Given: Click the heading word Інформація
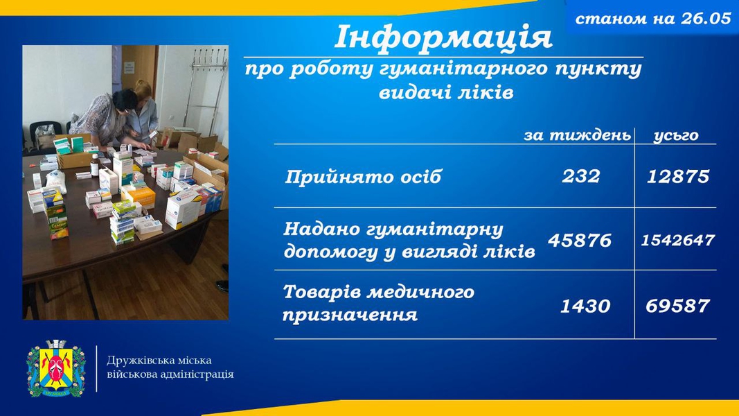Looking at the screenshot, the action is click(x=443, y=37).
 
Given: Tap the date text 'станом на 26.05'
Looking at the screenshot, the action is click(x=653, y=19).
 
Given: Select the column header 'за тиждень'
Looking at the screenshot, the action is click(x=578, y=135).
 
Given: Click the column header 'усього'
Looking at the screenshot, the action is click(x=676, y=136).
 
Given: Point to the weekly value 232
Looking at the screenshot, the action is click(x=581, y=176).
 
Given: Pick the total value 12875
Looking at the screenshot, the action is click(x=678, y=176).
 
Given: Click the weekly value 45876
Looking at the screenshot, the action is click(x=580, y=240).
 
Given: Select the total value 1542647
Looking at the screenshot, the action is click(x=678, y=240).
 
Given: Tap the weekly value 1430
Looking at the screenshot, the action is click(x=585, y=306).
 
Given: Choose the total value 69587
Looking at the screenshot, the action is click(x=678, y=306).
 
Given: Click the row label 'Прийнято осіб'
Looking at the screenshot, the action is click(x=363, y=177).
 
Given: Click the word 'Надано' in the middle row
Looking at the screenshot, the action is click(x=321, y=229).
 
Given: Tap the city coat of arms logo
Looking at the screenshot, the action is click(x=56, y=368).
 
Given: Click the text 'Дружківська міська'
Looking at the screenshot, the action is click(x=159, y=361).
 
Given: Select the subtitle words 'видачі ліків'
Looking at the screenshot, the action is click(x=446, y=92).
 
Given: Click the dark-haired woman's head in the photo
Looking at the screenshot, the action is click(x=124, y=100).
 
